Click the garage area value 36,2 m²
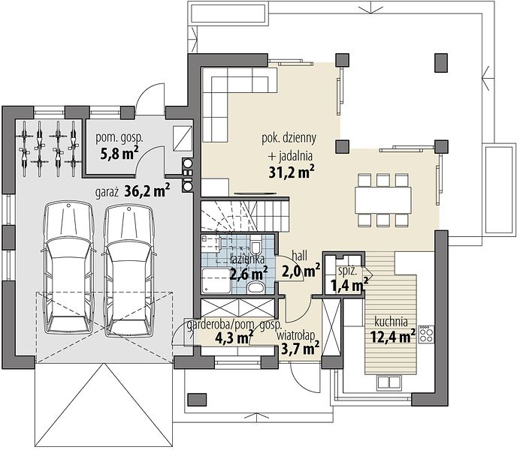click(147, 191)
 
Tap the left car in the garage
click(68, 268)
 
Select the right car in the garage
click(129, 268)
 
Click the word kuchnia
click(391, 321)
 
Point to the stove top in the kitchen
click(426, 334)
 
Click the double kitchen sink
click(389, 382)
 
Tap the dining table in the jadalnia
click(383, 199)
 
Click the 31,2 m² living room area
click(292, 172)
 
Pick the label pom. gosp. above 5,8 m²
click(119, 138)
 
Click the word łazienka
click(247, 259)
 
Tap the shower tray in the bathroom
click(216, 280)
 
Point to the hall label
click(299, 255)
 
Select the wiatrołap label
click(296, 336)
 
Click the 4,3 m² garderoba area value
click(234, 337)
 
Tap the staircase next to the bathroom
click(245, 214)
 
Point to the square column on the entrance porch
click(197, 399)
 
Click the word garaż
click(107, 192)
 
